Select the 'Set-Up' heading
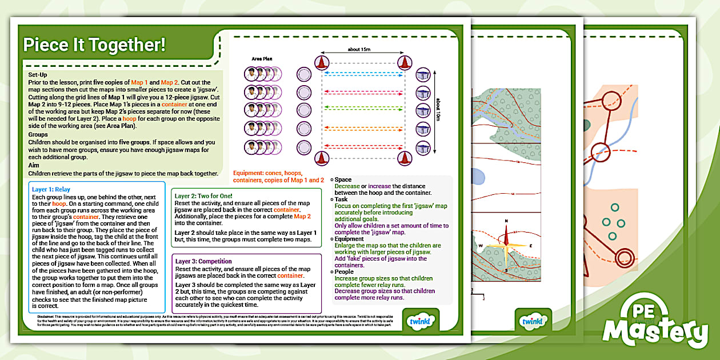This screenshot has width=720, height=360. [38, 74]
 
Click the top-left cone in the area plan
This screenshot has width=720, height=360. [322, 62]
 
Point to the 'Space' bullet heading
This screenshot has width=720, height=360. [343, 179]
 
